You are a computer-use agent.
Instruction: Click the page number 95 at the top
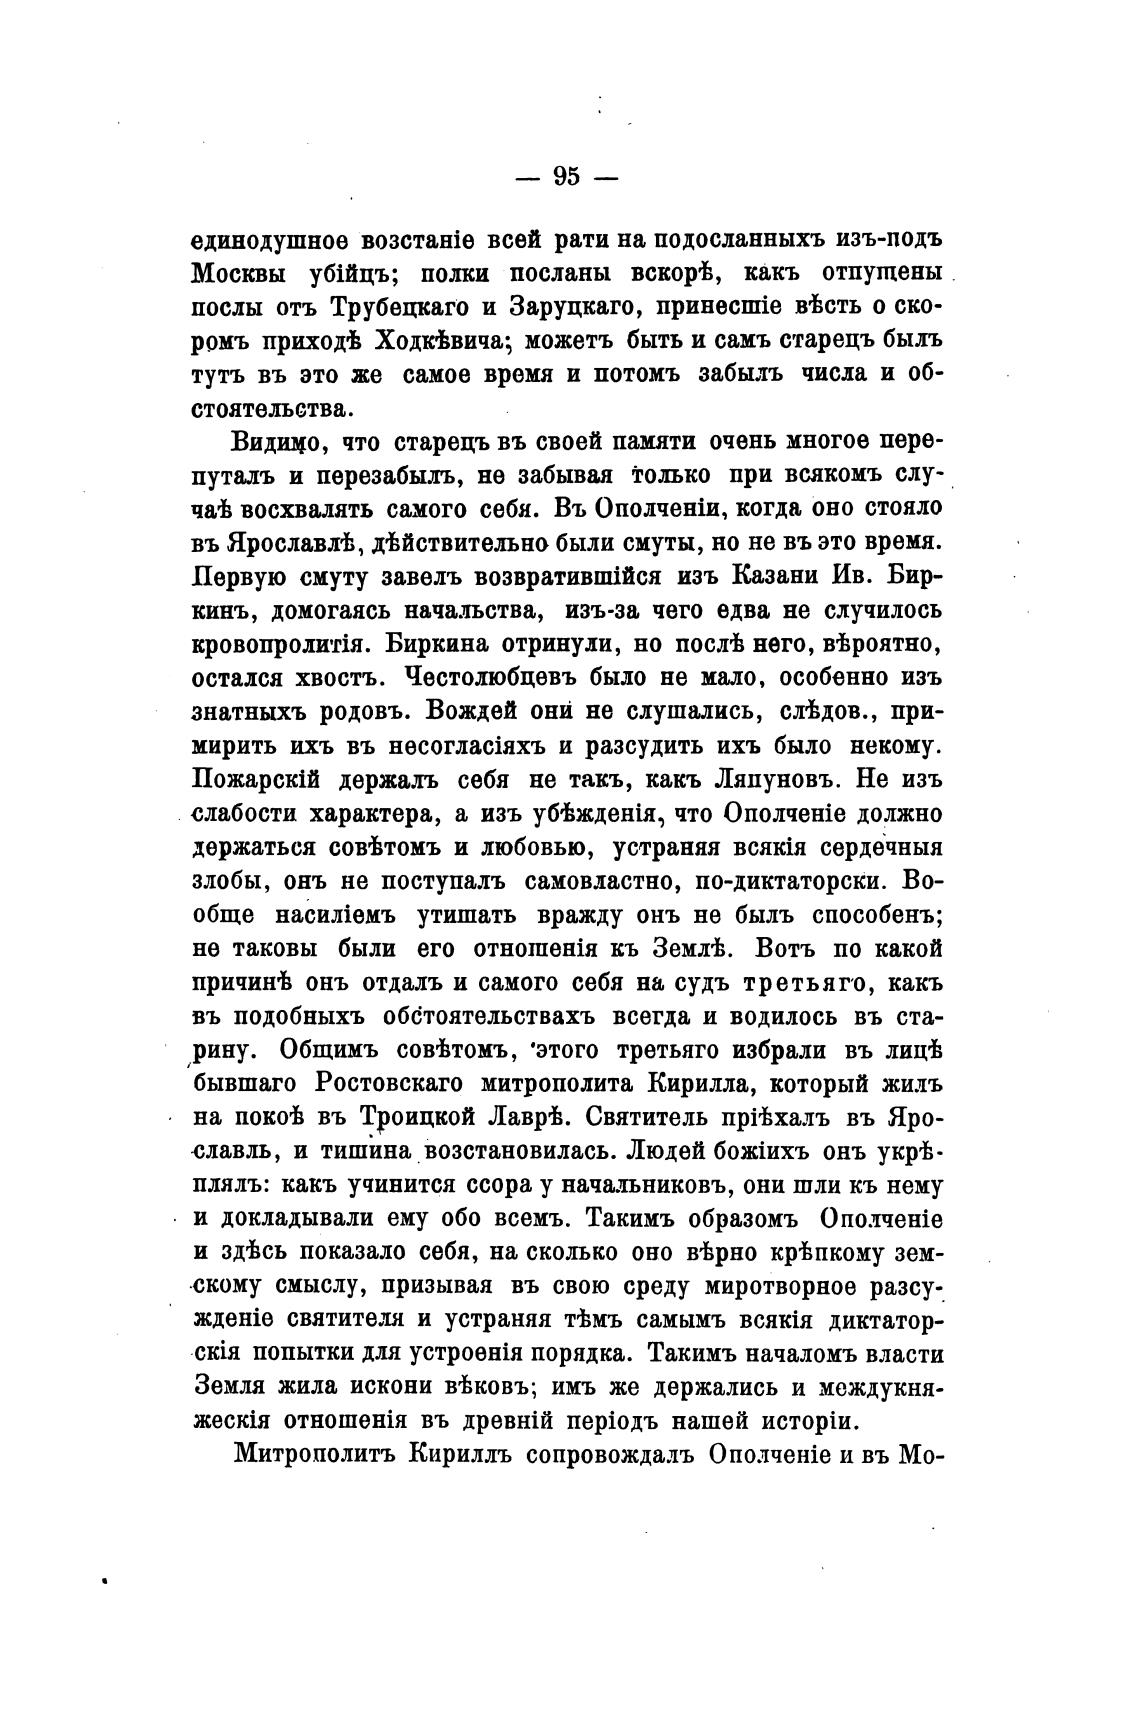(x=565, y=177)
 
